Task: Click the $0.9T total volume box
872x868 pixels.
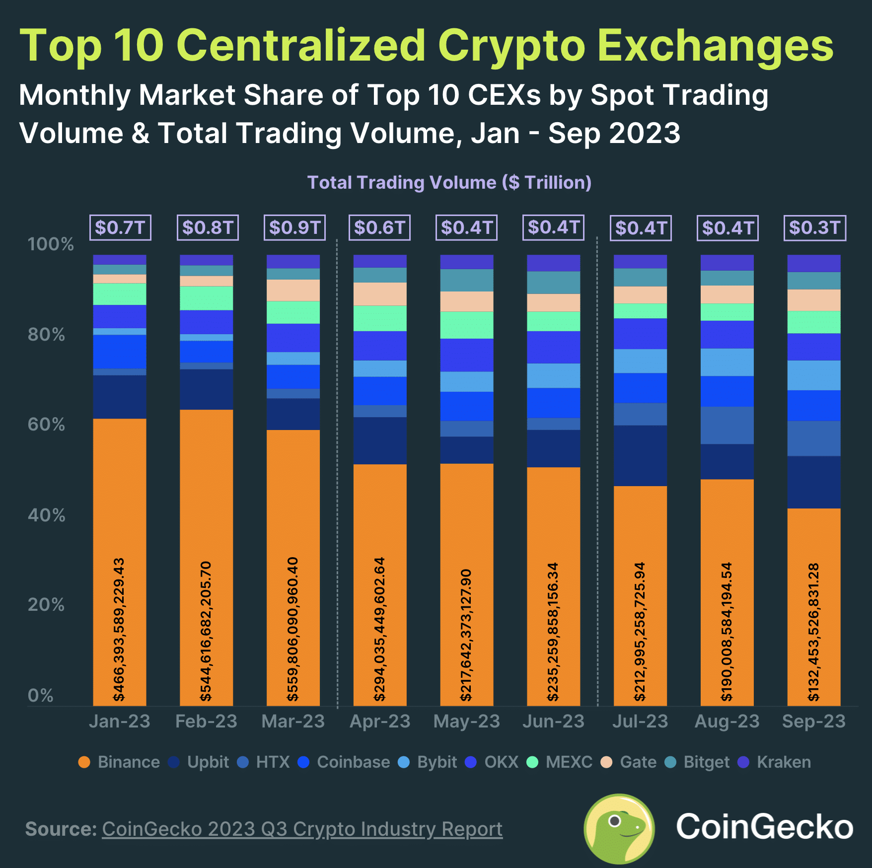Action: pyautogui.click(x=294, y=227)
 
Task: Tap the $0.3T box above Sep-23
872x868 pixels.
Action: pyautogui.click(x=814, y=227)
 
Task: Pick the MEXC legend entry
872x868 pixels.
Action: pyautogui.click(x=560, y=762)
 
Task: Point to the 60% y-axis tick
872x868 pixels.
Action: pyautogui.click(x=46, y=425)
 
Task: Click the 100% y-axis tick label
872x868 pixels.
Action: pyautogui.click(x=50, y=244)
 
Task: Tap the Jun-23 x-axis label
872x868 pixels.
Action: pyautogui.click(x=553, y=721)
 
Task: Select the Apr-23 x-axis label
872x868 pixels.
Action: pyautogui.click(x=380, y=721)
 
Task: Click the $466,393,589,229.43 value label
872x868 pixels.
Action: pyautogui.click(x=119, y=629)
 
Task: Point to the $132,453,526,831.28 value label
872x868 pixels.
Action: pyautogui.click(x=813, y=632)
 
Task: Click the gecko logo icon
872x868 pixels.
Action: pyautogui.click(x=619, y=828)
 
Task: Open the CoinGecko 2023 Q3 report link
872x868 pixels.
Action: pyautogui.click(x=302, y=829)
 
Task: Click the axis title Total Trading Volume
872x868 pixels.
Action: pyautogui.click(x=449, y=182)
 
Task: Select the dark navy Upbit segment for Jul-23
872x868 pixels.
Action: pyautogui.click(x=640, y=455)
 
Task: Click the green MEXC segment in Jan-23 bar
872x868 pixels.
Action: pyautogui.click(x=119, y=294)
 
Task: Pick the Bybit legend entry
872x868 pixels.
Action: pyautogui.click(x=428, y=762)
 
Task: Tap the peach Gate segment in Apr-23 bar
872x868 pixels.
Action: pyautogui.click(x=380, y=294)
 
